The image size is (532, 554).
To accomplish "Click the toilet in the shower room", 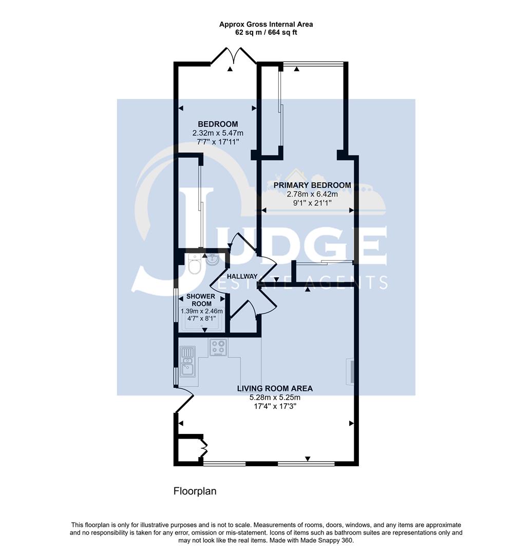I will [x=195, y=266].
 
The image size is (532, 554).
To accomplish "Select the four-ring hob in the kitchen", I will [x=219, y=348].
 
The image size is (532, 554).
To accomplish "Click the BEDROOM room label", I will [x=218, y=124].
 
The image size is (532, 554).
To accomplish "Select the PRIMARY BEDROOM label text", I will [x=312, y=185].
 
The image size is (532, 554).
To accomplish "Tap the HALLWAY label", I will [x=242, y=276].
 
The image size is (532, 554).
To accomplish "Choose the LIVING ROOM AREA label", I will [x=275, y=388].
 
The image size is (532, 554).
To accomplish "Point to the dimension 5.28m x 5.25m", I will [x=275, y=398].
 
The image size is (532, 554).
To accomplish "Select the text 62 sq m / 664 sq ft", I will [x=266, y=32].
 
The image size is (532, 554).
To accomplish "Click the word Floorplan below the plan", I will [x=195, y=491].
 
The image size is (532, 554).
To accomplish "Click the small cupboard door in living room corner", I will [x=203, y=449].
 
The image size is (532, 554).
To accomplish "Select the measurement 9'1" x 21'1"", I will [x=312, y=203].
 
